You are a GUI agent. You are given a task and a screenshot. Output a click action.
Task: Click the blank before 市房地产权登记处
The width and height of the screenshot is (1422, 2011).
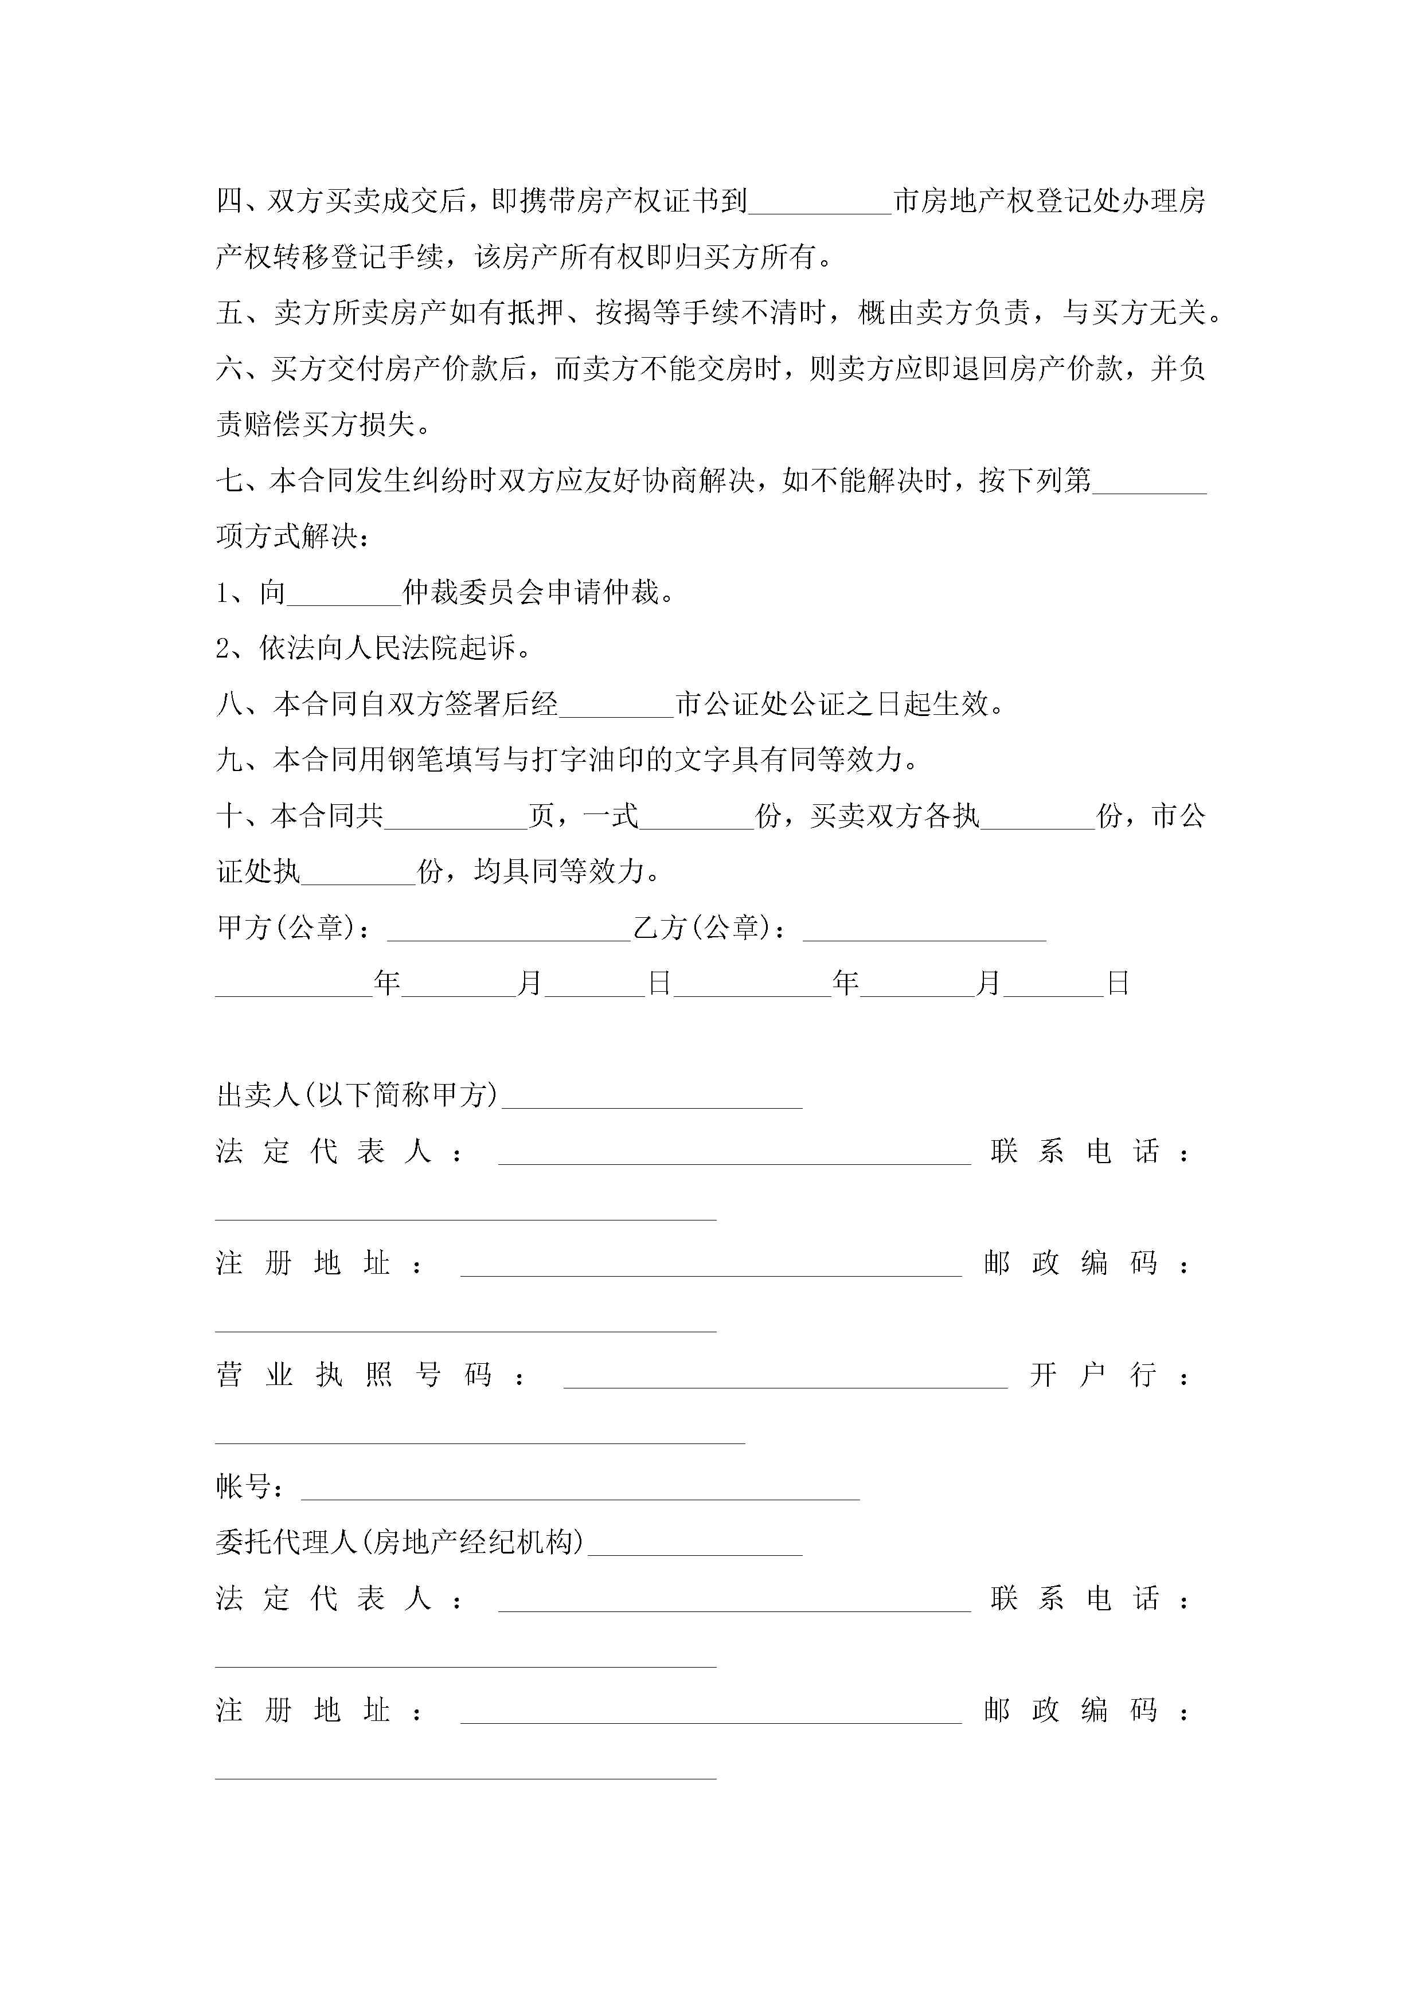coord(820,203)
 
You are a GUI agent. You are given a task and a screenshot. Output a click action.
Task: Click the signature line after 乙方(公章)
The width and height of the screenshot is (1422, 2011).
coord(924,930)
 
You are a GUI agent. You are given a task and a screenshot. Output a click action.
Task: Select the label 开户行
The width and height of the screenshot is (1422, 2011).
coord(1093,1375)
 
